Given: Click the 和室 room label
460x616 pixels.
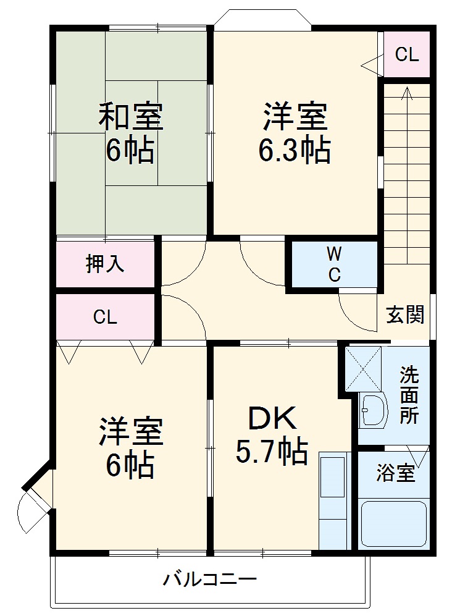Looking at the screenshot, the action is (130, 116).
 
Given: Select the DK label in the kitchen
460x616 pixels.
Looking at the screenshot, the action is (272, 419).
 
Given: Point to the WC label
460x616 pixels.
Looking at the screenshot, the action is (334, 264).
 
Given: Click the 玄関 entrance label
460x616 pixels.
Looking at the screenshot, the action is (405, 314).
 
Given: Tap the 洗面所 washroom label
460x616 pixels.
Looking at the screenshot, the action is (409, 395).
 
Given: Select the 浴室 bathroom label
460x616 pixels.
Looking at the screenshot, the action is (395, 473).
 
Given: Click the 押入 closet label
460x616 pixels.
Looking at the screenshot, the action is (105, 264).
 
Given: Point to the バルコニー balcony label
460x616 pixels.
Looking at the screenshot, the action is (210, 579).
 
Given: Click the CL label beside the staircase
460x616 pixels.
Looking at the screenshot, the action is (407, 54).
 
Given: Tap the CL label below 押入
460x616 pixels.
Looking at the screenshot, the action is (105, 316).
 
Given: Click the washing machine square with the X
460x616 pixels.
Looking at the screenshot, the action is (363, 368).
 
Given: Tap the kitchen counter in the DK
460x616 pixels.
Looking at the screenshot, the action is (334, 500).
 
